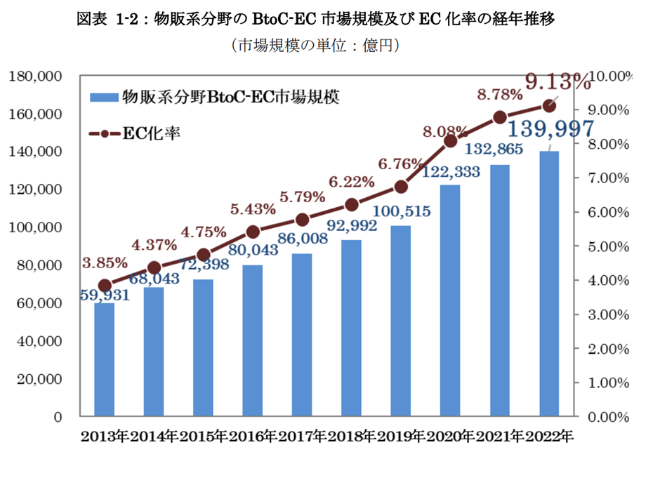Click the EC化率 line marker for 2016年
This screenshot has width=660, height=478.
point(253,232)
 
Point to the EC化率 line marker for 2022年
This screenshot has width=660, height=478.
point(549,105)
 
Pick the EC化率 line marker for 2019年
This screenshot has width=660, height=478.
point(401,186)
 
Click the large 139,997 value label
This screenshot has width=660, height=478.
point(550,128)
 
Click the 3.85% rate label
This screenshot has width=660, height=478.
point(105,263)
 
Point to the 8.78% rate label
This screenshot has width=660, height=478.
point(499,94)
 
